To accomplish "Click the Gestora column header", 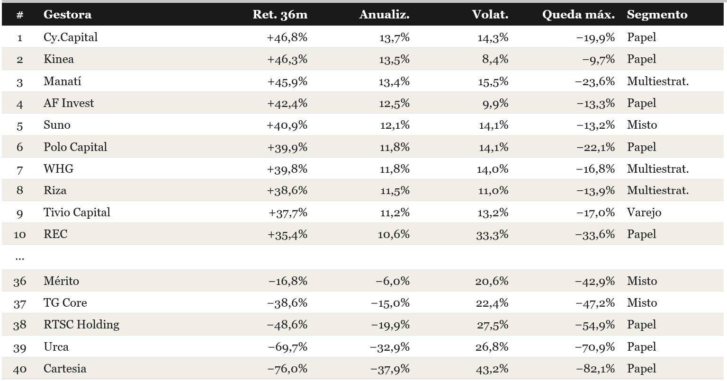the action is (68, 15).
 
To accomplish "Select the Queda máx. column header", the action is (578, 15).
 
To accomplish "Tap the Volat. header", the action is (490, 15).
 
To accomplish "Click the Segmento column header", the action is (657, 15).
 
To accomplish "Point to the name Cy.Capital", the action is (71, 37).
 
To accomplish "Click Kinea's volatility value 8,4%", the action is (495, 59).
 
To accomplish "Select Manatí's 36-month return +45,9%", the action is (287, 81).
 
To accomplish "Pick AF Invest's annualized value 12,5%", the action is (395, 104).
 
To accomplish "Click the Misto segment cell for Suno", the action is (642, 125).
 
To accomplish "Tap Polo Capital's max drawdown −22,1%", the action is (595, 147).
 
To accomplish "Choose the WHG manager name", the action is (58, 169).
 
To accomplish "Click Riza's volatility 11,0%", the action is (494, 190).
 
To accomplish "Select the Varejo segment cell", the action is (644, 213).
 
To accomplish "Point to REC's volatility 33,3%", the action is (493, 234).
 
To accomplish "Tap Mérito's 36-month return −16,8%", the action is (288, 281).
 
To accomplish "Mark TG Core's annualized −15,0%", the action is (390, 303).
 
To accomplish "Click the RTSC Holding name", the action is (81, 325).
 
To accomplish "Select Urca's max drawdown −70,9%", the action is (595, 347).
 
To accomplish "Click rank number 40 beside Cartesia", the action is (20, 369).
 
